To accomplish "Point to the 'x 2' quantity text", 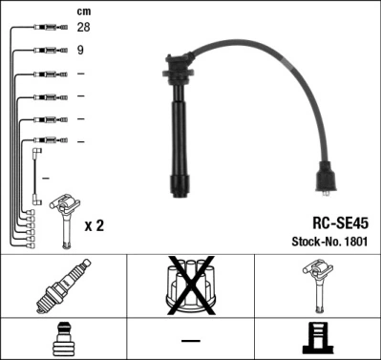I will pyautogui.click(x=94, y=225).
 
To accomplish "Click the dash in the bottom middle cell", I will pyautogui.click(x=190, y=340).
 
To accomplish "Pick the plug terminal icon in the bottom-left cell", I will pyautogui.click(x=63, y=338).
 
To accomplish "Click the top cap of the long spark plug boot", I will pyautogui.click(x=179, y=68).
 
